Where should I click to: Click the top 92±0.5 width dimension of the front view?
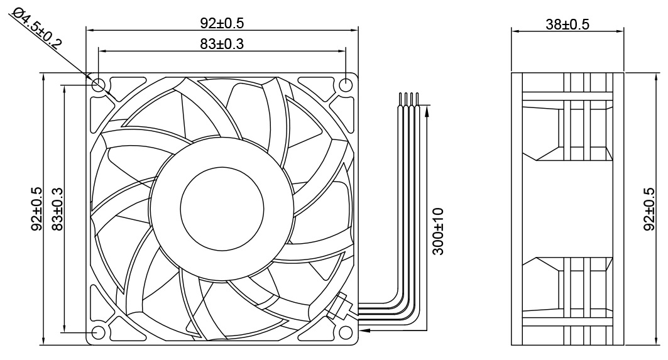pyautogui.click(x=222, y=23)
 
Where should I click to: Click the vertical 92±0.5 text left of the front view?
pyautogui.click(x=36, y=209)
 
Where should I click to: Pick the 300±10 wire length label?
pyautogui.click(x=439, y=231)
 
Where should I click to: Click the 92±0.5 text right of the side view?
pyautogui.click(x=650, y=209)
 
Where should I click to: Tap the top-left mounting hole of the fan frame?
pyautogui.click(x=99, y=84)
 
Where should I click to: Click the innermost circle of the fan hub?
pyautogui.click(x=222, y=207)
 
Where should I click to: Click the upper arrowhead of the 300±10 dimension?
pyautogui.click(x=427, y=111)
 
